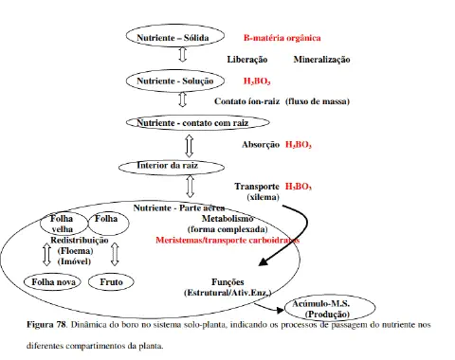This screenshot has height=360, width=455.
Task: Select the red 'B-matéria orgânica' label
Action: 282,38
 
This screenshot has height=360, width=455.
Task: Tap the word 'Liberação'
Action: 249,60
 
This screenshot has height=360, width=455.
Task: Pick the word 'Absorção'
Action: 261,145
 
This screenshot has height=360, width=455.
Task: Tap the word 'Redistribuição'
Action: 71,241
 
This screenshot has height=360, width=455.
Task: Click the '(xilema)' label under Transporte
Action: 261,197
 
